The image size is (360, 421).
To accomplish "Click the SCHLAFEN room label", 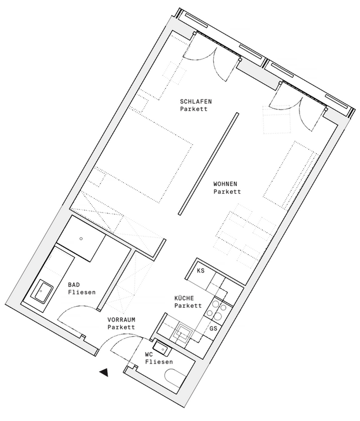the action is click(196, 102).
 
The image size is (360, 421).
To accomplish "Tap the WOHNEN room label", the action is click(225, 184).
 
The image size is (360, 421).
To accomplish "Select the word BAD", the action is click(74, 285).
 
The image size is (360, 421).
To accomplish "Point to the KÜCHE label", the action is click(184, 298).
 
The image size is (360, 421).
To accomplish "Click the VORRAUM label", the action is click(122, 320).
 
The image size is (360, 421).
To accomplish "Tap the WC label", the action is click(149, 354).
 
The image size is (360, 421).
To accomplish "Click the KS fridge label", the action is click(201, 270).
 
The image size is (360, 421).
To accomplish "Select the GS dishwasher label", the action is click(214, 328).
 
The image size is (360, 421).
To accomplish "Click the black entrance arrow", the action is click(104, 372).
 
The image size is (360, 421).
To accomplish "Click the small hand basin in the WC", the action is click(163, 348).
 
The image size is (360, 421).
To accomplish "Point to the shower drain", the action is click(81, 238).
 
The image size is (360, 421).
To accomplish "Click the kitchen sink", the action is click(183, 334).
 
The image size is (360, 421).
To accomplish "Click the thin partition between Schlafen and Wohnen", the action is click(208, 164).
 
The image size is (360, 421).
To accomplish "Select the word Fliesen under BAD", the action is click(82, 292).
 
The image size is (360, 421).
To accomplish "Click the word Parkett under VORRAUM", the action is click(122, 327).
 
